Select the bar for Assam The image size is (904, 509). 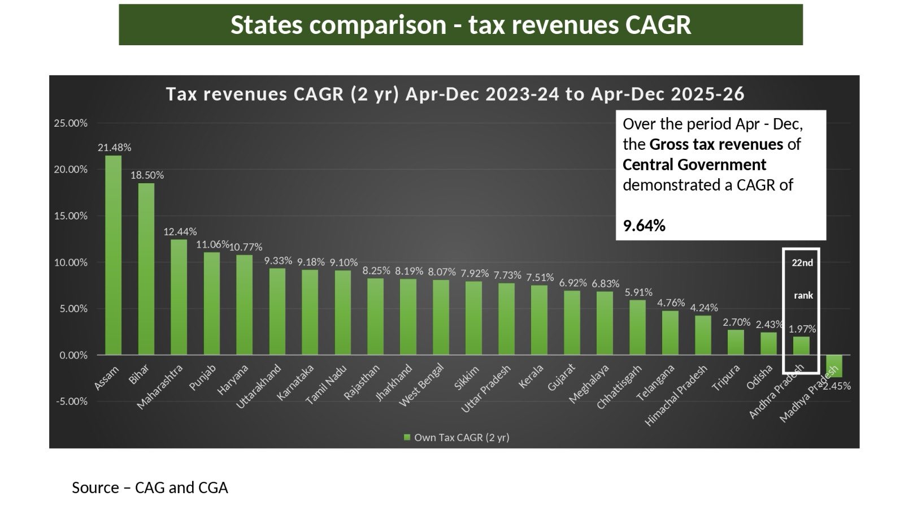113,255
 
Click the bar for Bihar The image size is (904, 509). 146,269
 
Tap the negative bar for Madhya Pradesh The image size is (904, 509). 834,366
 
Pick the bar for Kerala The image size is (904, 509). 540,320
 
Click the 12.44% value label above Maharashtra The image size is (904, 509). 180,232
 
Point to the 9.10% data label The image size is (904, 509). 344,262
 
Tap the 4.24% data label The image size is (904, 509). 703,308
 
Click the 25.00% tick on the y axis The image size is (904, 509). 71,123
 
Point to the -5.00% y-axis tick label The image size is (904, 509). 71,402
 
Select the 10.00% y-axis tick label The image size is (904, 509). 71,262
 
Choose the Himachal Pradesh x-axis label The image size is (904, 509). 675,396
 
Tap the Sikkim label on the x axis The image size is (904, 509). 466,378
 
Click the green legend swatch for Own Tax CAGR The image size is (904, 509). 406,438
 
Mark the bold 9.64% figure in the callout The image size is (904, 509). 644,226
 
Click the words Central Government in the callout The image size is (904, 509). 694,165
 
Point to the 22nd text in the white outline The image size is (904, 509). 802,263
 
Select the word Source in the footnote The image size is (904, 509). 95,488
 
